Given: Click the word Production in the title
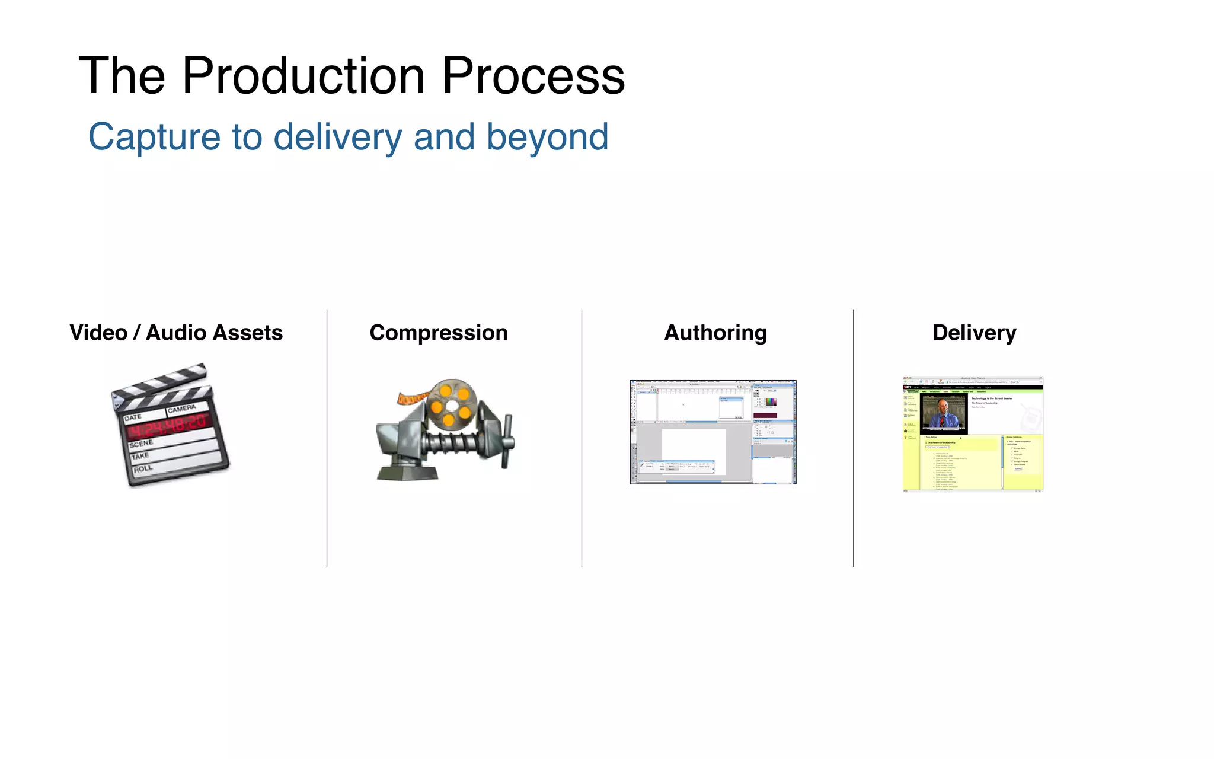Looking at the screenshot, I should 303,76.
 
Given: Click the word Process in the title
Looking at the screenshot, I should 533,76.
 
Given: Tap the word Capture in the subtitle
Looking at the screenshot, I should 154,138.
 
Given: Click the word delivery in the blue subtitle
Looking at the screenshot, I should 337,138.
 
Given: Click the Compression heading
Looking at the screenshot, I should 439,333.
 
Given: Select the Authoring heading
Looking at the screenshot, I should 715,333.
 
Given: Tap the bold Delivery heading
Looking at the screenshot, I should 974,333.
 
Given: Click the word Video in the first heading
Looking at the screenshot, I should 98,333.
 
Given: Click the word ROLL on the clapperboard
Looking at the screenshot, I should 143,469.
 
